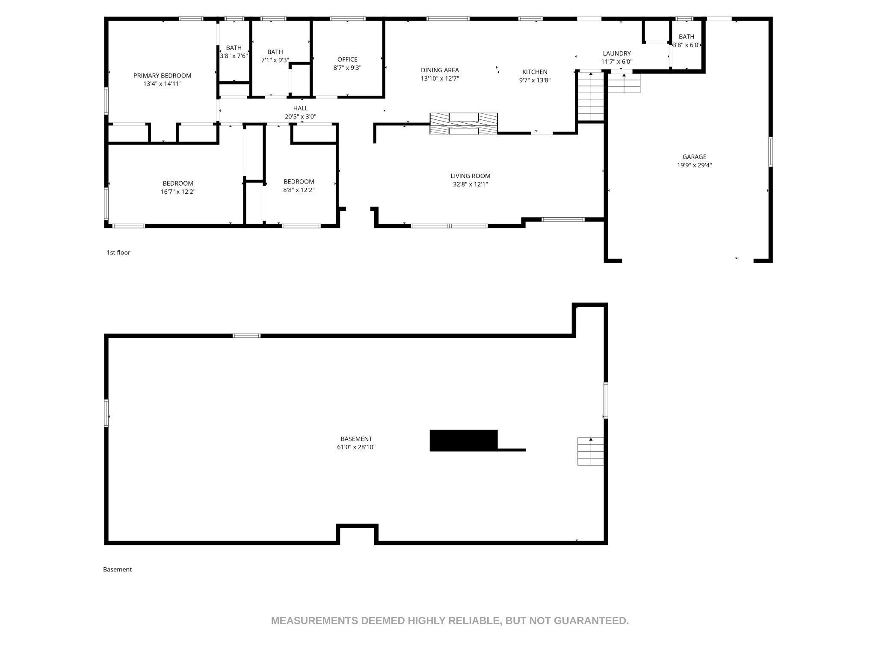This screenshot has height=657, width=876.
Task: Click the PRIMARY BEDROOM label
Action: (x=162, y=76)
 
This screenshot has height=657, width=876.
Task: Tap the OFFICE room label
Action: (x=347, y=59)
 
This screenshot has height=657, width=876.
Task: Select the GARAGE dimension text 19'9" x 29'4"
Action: (x=694, y=165)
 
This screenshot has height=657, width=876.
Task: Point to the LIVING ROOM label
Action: (x=470, y=176)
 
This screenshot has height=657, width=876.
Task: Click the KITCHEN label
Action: (x=535, y=72)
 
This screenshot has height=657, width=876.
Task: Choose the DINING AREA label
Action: (x=440, y=70)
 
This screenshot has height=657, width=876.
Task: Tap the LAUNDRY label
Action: (x=617, y=53)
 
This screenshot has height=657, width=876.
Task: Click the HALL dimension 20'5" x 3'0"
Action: (x=301, y=116)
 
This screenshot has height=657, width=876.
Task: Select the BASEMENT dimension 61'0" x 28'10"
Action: (x=356, y=447)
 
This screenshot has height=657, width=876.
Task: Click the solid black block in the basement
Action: (x=464, y=440)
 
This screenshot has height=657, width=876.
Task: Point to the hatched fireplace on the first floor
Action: (x=464, y=123)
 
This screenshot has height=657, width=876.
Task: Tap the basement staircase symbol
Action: (x=591, y=451)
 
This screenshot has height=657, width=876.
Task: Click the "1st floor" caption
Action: (x=118, y=252)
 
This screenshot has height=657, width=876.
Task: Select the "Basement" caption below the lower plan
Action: (x=117, y=569)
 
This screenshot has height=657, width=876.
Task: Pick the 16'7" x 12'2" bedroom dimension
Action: (x=178, y=192)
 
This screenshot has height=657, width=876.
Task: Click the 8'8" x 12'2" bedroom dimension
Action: (x=299, y=190)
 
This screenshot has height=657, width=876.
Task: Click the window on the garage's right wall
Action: (x=771, y=151)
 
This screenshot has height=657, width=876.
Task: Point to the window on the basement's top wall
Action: (x=246, y=336)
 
